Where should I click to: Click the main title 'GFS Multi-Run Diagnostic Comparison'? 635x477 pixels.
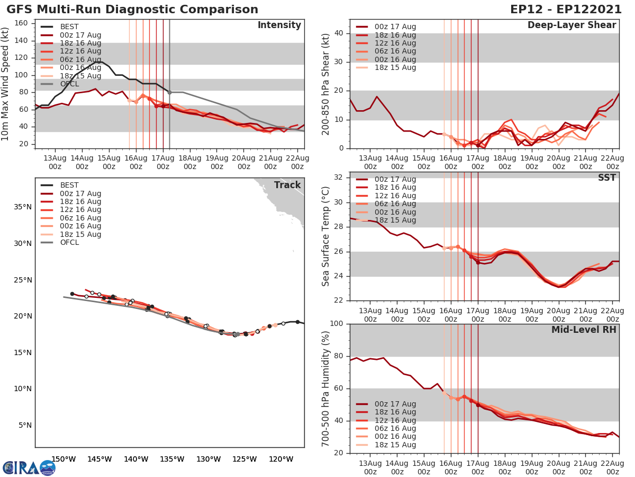pyautogui.click(x=132, y=10)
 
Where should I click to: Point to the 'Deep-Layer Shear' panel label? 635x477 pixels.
pyautogui.click(x=571, y=25)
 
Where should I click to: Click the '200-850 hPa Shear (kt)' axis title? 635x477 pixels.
pyautogui.click(x=326, y=84)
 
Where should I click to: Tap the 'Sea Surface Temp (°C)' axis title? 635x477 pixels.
pyautogui.click(x=326, y=236)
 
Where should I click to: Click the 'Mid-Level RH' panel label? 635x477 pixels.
pyautogui.click(x=584, y=330)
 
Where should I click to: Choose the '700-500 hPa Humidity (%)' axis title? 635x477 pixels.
pyautogui.click(x=326, y=388)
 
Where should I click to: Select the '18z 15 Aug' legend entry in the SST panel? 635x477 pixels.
pyautogui.click(x=395, y=220)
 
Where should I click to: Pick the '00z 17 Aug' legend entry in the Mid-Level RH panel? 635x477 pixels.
pyautogui.click(x=395, y=404)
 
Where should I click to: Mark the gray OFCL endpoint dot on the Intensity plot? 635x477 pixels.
pyautogui.click(x=169, y=92)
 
